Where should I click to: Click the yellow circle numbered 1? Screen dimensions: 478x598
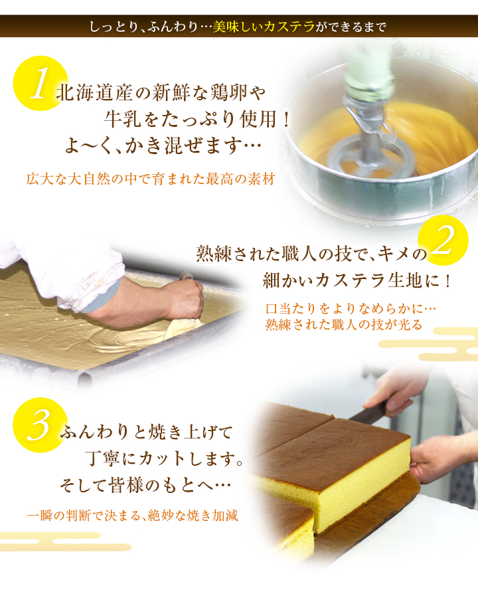click(x=40, y=83)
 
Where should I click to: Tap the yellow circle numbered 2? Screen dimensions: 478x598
click(x=443, y=241)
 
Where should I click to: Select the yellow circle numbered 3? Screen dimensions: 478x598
click(x=40, y=425)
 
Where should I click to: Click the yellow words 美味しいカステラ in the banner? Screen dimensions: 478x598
click(x=264, y=27)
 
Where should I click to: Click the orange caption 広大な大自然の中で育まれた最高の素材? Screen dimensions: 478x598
click(x=151, y=179)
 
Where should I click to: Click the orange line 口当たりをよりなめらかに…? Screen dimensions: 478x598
click(x=351, y=308)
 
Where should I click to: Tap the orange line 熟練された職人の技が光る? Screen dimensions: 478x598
click(x=344, y=324)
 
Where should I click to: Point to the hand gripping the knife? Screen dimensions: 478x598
click(x=394, y=393)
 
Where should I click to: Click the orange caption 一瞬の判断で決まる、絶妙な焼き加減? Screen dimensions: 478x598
click(x=133, y=516)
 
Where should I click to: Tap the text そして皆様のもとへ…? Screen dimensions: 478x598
click(x=145, y=485)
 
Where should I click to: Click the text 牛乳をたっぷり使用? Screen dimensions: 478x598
click(x=197, y=120)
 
